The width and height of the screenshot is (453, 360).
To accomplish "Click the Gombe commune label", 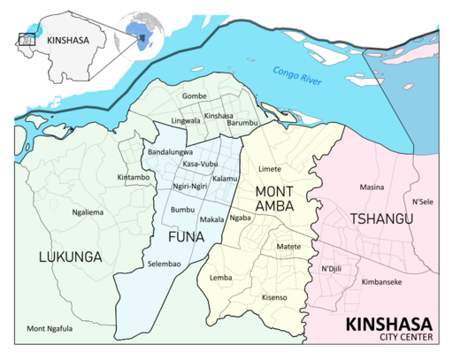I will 195,96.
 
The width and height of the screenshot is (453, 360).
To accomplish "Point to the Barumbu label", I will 240,124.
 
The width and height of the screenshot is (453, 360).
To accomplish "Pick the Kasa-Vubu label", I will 200,165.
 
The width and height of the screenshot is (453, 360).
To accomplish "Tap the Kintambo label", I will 134,178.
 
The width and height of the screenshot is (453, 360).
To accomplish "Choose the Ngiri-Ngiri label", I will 189,187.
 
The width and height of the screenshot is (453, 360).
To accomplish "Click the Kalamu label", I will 226,180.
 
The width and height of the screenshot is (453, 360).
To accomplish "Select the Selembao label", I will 165,265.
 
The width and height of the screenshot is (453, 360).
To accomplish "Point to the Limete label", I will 269,168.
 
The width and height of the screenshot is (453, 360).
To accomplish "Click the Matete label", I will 289,246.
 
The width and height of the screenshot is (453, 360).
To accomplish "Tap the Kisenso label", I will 274,297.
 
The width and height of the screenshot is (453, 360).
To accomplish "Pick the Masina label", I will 372,188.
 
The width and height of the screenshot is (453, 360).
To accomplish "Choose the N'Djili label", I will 333,268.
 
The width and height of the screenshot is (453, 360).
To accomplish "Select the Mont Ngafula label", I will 50,329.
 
